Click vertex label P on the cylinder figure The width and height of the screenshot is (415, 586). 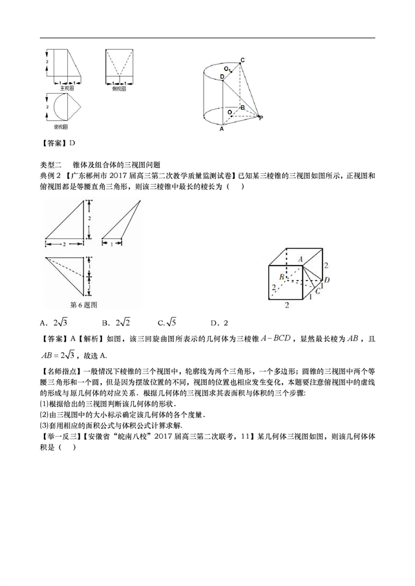(x=261, y=118)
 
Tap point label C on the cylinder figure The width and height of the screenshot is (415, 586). (x=242, y=61)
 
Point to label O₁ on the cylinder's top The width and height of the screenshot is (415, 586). (x=228, y=68)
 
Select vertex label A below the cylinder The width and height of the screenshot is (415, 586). (x=222, y=129)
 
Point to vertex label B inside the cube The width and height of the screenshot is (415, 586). (x=282, y=276)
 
